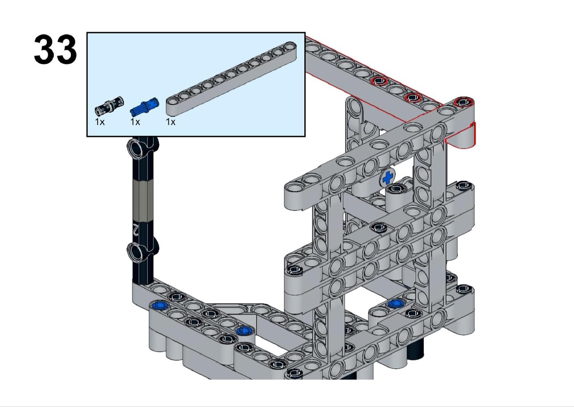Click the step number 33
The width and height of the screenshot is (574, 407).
coord(55,49)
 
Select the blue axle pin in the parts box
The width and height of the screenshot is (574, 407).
coord(145,105)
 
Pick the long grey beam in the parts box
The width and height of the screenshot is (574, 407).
coord(232,78)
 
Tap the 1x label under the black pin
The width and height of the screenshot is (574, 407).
coord(99,122)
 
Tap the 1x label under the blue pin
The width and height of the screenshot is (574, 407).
coord(135,122)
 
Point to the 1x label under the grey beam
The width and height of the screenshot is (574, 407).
coord(171,122)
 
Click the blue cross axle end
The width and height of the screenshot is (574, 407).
coord(388,177)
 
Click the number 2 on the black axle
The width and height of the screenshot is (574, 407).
coord(136,229)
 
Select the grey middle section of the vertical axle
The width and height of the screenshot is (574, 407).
coord(143,200)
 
